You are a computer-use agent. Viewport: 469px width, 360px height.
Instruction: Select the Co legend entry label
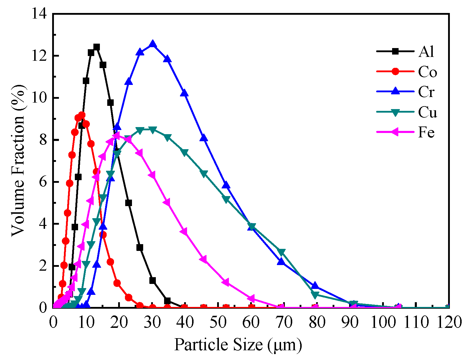[427, 72]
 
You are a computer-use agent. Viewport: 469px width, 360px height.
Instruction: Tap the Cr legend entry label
[426, 92]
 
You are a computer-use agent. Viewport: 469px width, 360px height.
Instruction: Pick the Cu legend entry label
[427, 112]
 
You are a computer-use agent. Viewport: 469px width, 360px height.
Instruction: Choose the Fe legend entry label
[426, 133]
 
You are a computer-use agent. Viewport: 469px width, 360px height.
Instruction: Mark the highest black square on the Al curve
[97, 47]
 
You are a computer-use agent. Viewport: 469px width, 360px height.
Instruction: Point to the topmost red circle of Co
[82, 115]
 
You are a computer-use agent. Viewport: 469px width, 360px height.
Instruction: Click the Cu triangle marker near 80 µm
[315, 295]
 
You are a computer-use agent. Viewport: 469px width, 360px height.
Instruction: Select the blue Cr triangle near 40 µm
[184, 93]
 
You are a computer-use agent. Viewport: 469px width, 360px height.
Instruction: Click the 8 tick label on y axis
[43, 140]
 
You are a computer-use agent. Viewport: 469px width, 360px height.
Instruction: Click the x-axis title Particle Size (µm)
[238, 344]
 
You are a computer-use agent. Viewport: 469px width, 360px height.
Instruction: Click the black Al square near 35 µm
[167, 301]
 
